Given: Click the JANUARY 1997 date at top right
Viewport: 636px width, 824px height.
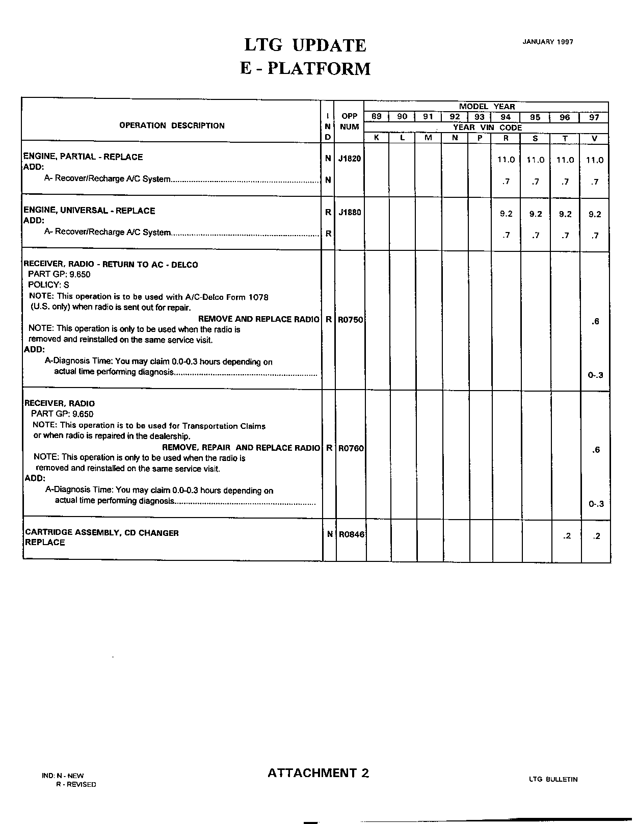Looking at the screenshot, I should pyautogui.click(x=547, y=42).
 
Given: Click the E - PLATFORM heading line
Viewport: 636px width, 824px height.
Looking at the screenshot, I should pyautogui.click(x=305, y=68).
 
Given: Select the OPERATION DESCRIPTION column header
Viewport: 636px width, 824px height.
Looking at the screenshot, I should pyautogui.click(x=172, y=125).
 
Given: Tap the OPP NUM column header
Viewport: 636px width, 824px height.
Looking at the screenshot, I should pyautogui.click(x=349, y=121).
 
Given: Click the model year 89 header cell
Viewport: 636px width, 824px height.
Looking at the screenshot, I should pyautogui.click(x=377, y=117).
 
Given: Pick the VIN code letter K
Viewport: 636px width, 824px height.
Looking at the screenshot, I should pyautogui.click(x=377, y=138).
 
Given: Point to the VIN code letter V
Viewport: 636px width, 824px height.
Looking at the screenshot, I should pyautogui.click(x=594, y=138).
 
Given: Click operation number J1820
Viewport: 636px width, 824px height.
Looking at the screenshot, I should pyautogui.click(x=350, y=159).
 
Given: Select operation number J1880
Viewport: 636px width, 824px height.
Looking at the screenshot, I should pyautogui.click(x=350, y=212).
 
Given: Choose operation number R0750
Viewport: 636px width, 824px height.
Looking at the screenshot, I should pyautogui.click(x=351, y=320).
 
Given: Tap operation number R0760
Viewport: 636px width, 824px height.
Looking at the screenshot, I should pyautogui.click(x=351, y=448).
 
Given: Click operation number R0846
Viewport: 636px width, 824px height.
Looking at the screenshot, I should pyautogui.click(x=351, y=535).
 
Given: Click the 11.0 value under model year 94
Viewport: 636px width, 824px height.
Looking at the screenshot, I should pyautogui.click(x=506, y=160).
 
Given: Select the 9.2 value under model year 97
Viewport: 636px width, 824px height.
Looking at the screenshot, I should pyautogui.click(x=595, y=214).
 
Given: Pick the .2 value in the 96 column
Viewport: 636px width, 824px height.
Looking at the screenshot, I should pyautogui.click(x=567, y=536).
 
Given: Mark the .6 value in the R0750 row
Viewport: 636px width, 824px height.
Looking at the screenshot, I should pyautogui.click(x=596, y=321).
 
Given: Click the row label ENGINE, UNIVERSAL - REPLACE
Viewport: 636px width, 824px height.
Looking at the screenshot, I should pyautogui.click(x=89, y=211).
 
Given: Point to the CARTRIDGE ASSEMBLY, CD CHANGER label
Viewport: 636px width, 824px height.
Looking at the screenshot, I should pyautogui.click(x=102, y=533).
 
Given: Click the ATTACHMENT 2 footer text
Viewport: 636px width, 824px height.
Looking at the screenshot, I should pyautogui.click(x=318, y=773).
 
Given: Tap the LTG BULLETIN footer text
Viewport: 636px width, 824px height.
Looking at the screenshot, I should pyautogui.click(x=553, y=779).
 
